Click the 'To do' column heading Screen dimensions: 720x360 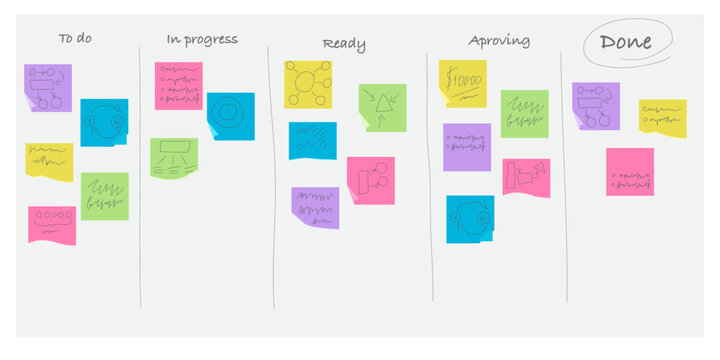[76, 39]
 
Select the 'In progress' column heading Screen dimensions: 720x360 [202, 39]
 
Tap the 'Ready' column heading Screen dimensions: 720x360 [344, 44]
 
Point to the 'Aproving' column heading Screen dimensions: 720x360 [499, 41]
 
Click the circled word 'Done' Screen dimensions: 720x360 [626, 41]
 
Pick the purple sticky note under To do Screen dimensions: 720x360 [47, 88]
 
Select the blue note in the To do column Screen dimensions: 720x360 [104, 122]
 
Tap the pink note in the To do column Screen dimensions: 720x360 [52, 224]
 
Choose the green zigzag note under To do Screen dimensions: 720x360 [104, 196]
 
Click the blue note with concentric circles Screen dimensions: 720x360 [231, 115]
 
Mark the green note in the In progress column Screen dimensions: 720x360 [174, 157]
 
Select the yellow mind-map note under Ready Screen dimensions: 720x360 [307, 83]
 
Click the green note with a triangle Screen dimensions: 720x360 [382, 107]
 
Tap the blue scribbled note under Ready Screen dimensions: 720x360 [312, 140]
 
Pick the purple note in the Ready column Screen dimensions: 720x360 [315, 207]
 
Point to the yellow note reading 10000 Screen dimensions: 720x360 [462, 81]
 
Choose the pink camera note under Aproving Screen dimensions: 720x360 [526, 177]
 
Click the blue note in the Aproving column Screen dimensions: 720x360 [470, 219]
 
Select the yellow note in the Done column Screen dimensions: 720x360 [662, 118]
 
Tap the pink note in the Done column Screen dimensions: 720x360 [630, 172]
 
